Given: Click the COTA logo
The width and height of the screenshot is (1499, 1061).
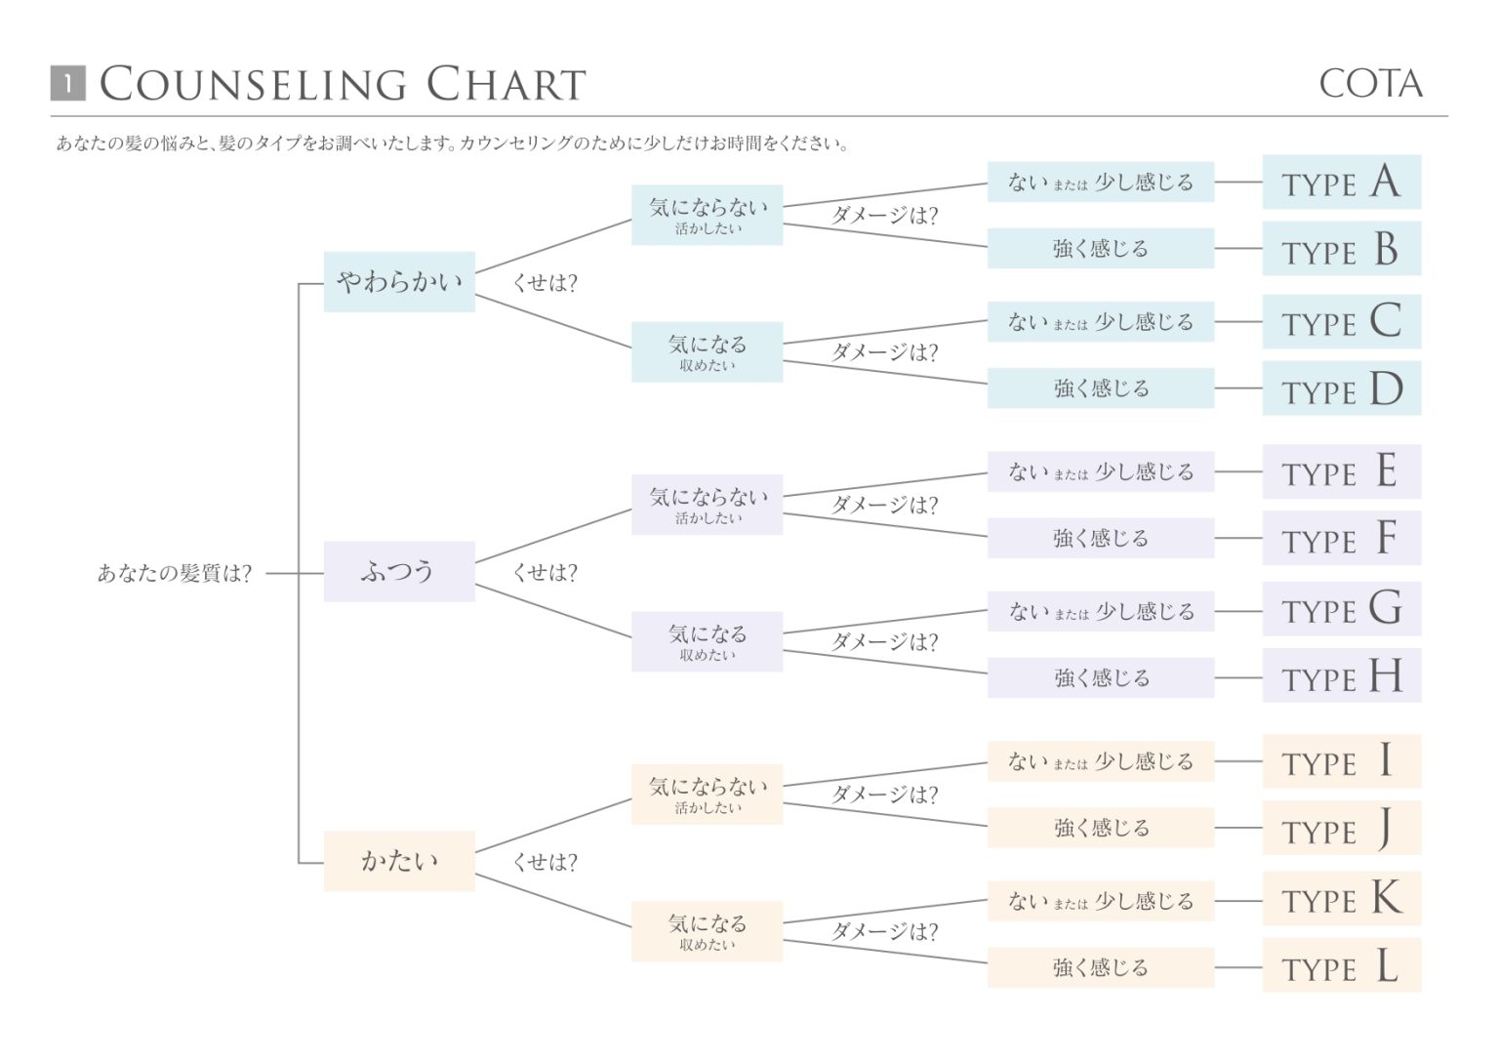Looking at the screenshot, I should click(1370, 84).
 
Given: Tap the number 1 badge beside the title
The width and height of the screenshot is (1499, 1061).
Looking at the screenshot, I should click(67, 84).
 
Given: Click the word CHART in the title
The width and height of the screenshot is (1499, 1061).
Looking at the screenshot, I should click(506, 85).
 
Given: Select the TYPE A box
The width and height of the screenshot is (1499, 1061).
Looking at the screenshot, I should click(1341, 183).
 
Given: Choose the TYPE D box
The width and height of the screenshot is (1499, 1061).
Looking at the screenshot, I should click(1341, 389).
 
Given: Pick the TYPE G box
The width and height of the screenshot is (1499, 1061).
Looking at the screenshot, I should click(1341, 609).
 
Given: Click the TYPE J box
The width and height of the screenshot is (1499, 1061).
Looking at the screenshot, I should click(1341, 829).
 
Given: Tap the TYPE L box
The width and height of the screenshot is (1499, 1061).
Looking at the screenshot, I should click(1341, 966).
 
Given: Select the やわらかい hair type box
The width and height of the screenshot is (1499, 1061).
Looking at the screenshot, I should click(399, 282).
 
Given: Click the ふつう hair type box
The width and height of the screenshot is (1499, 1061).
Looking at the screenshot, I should click(399, 572).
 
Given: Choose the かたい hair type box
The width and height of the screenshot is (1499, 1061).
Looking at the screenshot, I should click(399, 861).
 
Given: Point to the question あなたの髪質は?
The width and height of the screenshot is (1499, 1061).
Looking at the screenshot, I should click(175, 574).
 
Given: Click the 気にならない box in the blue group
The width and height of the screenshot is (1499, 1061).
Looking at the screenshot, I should click(707, 215).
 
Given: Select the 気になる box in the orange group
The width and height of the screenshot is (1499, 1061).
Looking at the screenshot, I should click(707, 931).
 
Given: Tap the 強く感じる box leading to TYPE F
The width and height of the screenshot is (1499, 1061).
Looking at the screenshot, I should click(1100, 539).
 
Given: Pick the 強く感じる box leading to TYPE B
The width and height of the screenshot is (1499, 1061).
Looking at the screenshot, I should click(1100, 249).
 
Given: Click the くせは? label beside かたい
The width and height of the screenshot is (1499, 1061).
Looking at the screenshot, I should click(545, 863).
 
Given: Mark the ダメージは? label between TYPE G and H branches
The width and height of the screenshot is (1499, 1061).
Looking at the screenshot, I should click(884, 642).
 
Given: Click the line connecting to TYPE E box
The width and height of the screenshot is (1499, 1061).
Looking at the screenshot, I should click(1237, 472).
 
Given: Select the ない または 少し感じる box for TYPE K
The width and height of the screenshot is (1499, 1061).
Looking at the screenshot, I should click(1100, 902).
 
